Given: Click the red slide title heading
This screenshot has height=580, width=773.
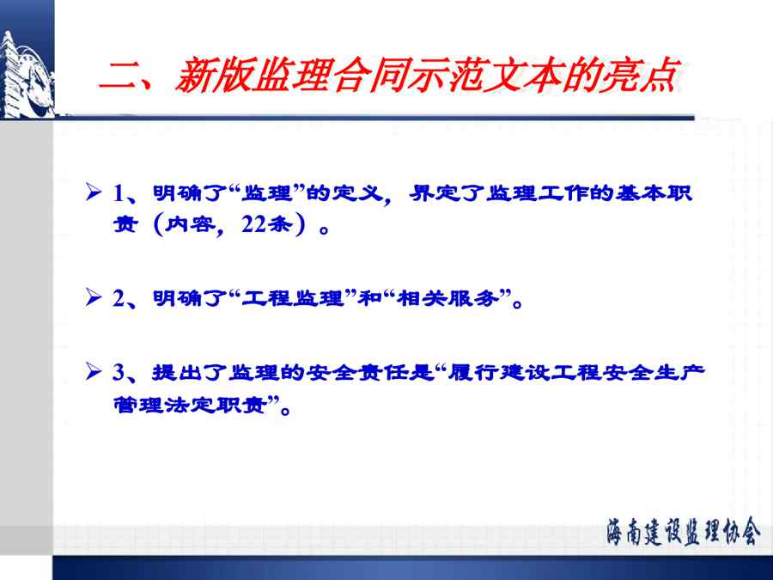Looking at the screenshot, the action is tap(389, 76).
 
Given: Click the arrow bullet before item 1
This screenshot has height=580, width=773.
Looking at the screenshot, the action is tap(93, 192).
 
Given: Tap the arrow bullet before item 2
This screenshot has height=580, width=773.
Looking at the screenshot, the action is tap(93, 297).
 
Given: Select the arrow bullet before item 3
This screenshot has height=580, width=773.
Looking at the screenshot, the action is tap(93, 371).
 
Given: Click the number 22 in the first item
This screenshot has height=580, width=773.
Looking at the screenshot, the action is tap(254, 225).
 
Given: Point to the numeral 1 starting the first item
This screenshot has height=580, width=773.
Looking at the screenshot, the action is tap(119, 192).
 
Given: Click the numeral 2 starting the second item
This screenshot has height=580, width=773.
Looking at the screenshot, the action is tap(119, 298).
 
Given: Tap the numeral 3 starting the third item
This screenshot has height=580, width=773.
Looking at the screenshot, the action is tap(119, 372).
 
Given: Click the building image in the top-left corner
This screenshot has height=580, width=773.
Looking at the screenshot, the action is tap(27, 74).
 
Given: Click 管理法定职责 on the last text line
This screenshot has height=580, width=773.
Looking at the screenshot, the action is tap(191, 405).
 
